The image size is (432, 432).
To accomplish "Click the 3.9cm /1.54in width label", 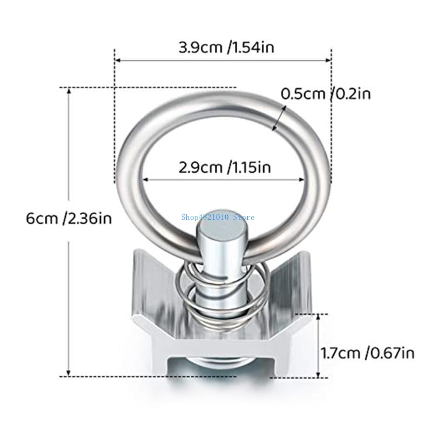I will (x=226, y=48).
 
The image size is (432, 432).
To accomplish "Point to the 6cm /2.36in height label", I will (x=69, y=219).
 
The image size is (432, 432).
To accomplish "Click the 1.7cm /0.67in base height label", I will (x=368, y=353).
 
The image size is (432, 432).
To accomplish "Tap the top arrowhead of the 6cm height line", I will (x=69, y=91).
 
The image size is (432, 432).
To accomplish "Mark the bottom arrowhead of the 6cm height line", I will (x=69, y=373).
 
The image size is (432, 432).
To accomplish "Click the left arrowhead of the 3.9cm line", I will (x=118, y=61).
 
